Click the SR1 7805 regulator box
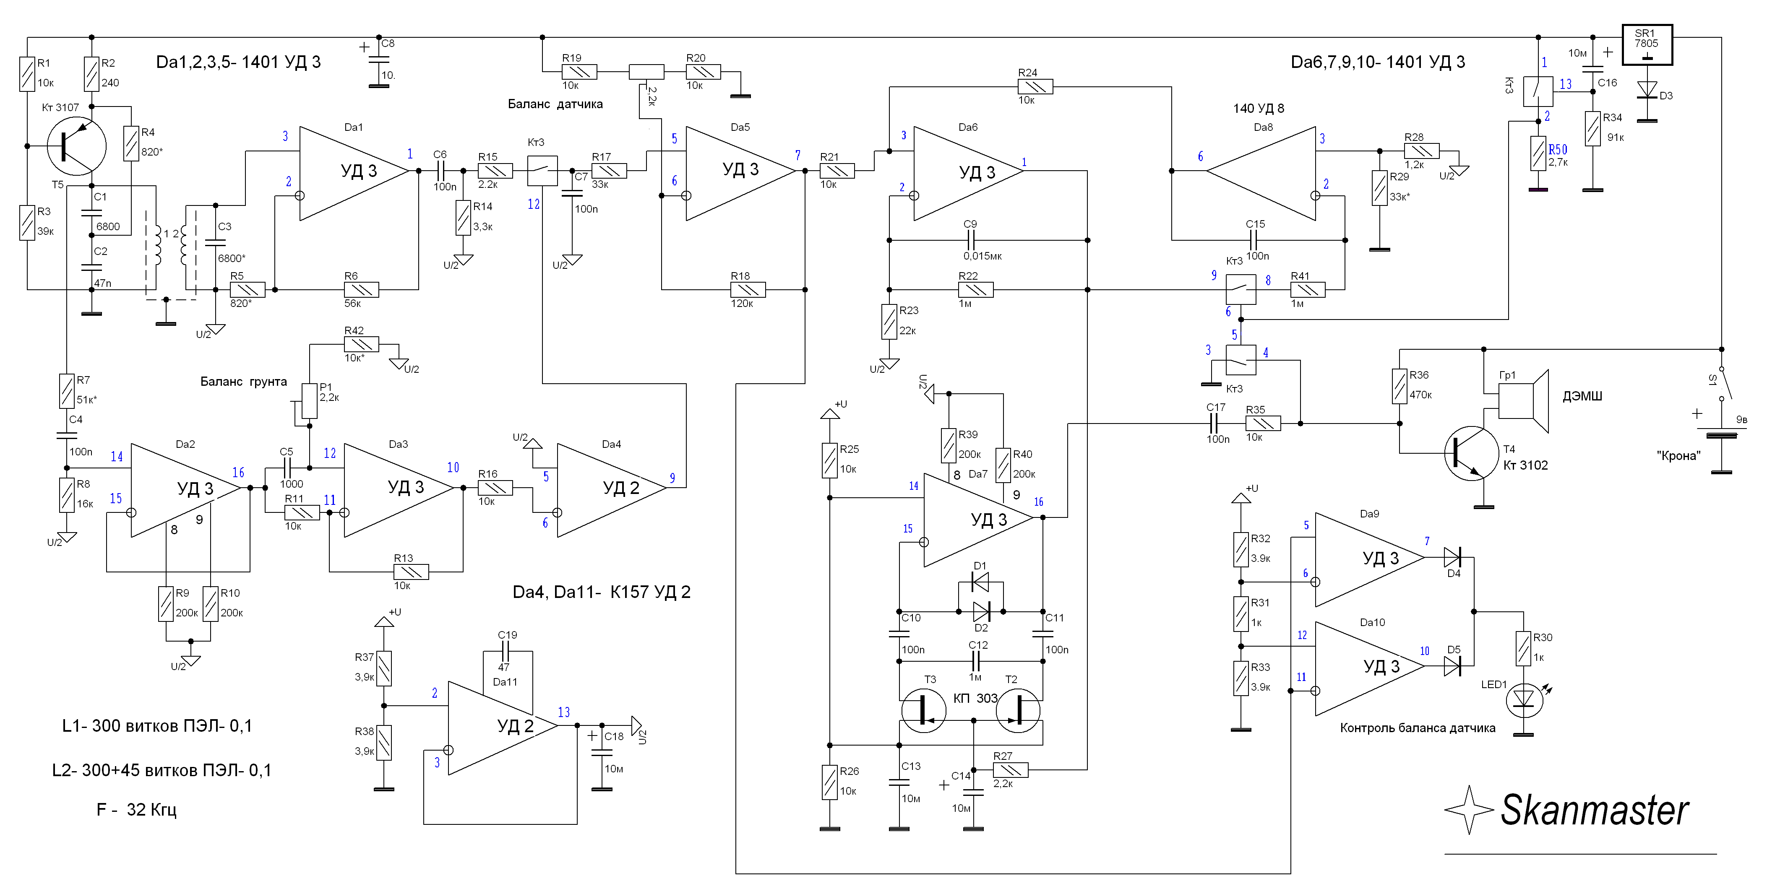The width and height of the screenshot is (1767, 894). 1646,44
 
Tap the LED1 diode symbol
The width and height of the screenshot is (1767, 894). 1524,698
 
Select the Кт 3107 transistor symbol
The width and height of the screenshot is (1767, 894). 76,146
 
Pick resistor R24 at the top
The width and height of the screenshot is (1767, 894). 1035,87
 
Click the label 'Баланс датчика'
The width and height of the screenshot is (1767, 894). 555,104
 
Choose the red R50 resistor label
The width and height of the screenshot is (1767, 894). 1557,149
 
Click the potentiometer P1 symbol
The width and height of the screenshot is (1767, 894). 309,401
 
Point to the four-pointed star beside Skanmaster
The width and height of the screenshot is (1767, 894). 1469,810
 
